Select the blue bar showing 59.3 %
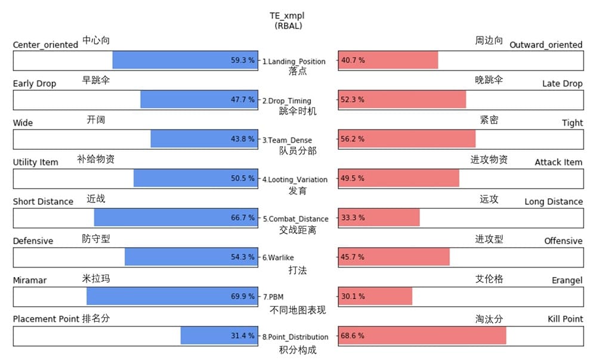185,61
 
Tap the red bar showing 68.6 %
422,336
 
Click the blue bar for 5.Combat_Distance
176,218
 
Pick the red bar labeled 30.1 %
375,297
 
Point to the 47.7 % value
243,100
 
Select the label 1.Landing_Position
294,61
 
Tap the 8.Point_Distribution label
295,337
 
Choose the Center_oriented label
45,45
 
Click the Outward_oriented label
546,45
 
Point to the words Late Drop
562,84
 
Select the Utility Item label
36,162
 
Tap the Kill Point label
565,319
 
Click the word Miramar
30,280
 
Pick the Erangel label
567,280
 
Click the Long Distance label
554,202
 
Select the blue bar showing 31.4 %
219,336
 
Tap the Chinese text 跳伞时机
298,111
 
